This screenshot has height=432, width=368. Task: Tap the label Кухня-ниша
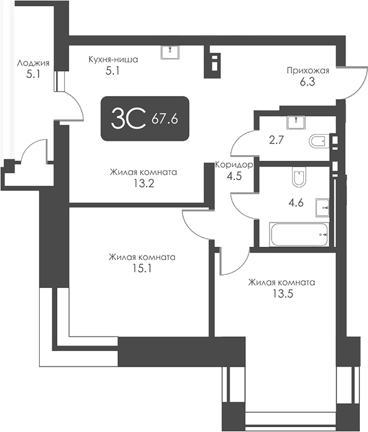pos(113,60)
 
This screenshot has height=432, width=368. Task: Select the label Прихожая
pos(308,70)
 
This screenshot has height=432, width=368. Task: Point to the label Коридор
pos(234,165)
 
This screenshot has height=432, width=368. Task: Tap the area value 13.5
pos(281,294)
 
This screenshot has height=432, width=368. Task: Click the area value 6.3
pos(308,81)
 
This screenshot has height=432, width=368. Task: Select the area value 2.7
pos(275,140)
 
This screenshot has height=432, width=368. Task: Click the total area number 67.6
pos(164,118)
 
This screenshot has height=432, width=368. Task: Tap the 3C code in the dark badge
pos(128,118)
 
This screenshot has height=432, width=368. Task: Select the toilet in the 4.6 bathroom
pos(298,179)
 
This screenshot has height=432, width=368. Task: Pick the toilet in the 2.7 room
pos(317,141)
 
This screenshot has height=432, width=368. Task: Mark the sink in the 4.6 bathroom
pos(323,205)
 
